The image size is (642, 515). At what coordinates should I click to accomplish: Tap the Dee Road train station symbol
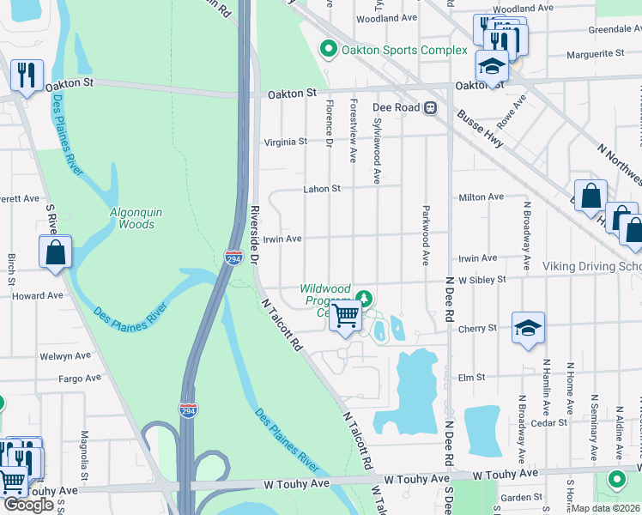431,108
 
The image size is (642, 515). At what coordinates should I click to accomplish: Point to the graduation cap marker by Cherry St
528,327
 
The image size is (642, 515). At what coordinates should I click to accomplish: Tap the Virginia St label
285,142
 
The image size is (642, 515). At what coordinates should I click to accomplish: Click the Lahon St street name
322,189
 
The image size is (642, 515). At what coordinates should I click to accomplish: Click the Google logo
28,505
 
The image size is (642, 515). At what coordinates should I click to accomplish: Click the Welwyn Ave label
65,355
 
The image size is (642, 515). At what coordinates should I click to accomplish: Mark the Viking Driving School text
591,267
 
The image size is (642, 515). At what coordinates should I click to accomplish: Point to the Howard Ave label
38,295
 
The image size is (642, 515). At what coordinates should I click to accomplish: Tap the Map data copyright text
606,508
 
